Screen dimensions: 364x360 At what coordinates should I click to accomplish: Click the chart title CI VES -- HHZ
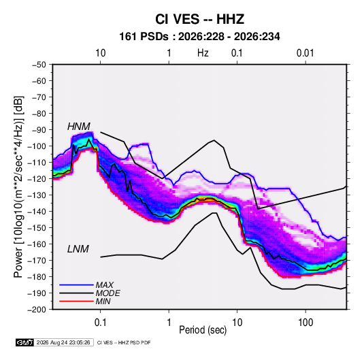pyautogui.click(x=199, y=19)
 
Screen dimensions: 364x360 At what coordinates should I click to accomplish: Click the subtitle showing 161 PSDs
pyautogui.click(x=199, y=37)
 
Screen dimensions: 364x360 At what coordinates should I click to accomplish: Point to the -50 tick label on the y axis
pyautogui.click(x=39, y=65)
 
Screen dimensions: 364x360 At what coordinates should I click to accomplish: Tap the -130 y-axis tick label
pyautogui.click(x=37, y=195)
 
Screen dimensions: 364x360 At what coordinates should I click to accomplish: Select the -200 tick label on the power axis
pyautogui.click(x=37, y=310)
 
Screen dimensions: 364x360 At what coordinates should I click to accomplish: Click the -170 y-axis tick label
pyautogui.click(x=37, y=261)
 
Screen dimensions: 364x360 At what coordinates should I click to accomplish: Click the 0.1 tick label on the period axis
pyautogui.click(x=100, y=323)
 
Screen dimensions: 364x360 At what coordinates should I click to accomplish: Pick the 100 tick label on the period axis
pyautogui.click(x=305, y=323)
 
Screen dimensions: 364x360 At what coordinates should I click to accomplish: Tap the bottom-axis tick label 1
pyautogui.click(x=169, y=323)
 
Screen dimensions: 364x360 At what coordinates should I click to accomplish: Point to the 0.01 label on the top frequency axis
pyautogui.click(x=305, y=53)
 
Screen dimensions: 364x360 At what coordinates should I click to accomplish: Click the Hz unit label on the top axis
pyautogui.click(x=203, y=53)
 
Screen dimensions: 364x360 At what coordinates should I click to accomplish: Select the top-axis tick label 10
pyautogui.click(x=101, y=53)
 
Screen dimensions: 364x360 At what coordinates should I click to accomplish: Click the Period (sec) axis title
pyautogui.click(x=203, y=330)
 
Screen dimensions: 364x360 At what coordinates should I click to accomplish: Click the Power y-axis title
pyautogui.click(x=18, y=187)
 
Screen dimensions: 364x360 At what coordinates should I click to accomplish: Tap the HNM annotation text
pyautogui.click(x=79, y=127)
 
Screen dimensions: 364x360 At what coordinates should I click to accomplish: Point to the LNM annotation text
pyautogui.click(x=78, y=249)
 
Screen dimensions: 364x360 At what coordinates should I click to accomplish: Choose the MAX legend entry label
pyautogui.click(x=105, y=285)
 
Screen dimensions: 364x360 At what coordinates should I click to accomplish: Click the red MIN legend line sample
pyautogui.click(x=76, y=301)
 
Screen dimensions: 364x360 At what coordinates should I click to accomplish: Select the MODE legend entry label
pyautogui.click(x=107, y=293)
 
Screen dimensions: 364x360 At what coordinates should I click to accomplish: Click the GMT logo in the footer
pyautogui.click(x=24, y=342)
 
